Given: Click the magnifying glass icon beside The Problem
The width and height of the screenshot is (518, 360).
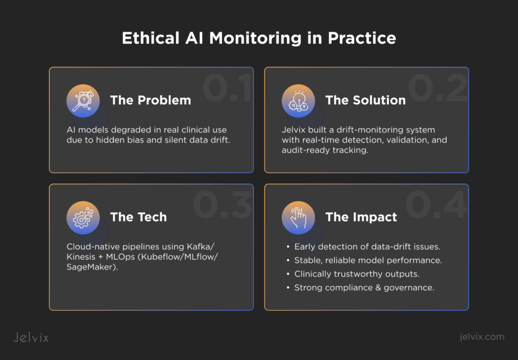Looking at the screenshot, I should pos(83,101).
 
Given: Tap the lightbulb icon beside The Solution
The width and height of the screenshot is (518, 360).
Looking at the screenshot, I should pos(299,101).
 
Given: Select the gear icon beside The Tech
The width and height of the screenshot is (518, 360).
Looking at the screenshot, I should pos(83,217).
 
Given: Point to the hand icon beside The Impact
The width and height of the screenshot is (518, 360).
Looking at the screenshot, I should pos(299,217).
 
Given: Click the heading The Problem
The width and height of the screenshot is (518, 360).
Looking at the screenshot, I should pos(150,100).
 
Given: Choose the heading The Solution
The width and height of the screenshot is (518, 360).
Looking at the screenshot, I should pos(365,100).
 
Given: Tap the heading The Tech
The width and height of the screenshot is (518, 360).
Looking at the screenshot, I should pos(138,217).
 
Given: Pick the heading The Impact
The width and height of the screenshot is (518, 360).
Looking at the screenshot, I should pos(361,217).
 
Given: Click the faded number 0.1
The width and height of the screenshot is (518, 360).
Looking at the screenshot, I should pos(227,88).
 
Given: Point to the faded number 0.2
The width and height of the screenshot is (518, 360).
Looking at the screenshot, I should pos(438,88).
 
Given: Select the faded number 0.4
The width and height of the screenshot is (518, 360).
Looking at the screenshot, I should pos(435,205).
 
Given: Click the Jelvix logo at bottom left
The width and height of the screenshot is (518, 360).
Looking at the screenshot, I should pos(31,337).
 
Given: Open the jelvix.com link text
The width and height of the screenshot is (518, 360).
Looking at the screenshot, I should pos(482,337).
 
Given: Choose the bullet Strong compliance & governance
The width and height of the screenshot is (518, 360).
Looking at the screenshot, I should pos(364,288).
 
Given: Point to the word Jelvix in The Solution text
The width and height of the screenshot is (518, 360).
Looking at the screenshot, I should pos(293,130).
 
